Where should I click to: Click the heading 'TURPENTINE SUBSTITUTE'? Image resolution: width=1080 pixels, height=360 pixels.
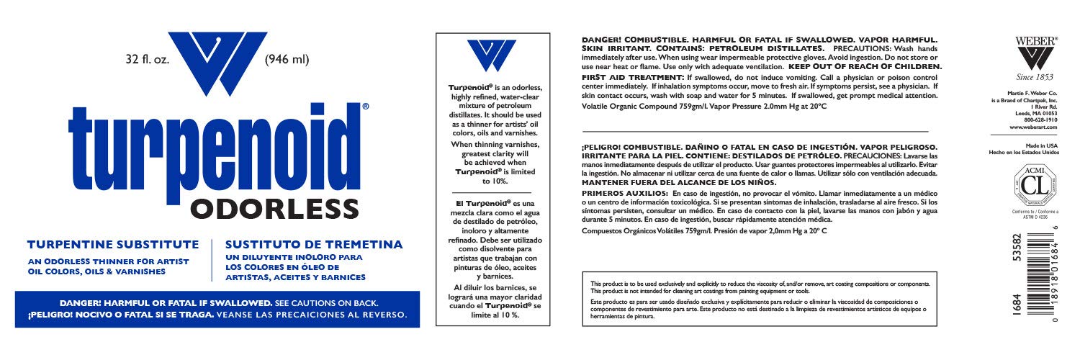point(112,245)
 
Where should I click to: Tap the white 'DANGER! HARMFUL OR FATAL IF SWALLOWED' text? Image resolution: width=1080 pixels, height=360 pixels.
point(165,303)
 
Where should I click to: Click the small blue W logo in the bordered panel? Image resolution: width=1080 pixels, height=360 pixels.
point(492,56)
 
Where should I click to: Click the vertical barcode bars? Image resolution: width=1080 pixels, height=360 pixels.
point(1044,288)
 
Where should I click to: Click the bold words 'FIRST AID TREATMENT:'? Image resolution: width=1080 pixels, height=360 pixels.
point(616,76)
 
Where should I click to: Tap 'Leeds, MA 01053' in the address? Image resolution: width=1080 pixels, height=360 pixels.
point(1039,113)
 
